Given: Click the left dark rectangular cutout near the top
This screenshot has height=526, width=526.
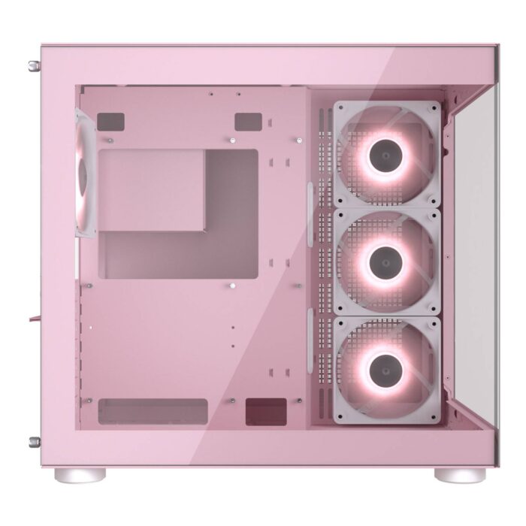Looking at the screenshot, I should coord(110,120).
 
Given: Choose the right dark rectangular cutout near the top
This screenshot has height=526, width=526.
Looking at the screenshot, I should coord(247,121).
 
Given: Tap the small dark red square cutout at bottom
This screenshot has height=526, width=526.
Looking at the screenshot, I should coord(266,411).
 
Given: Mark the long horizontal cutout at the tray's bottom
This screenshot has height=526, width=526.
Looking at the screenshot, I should coord(153,410).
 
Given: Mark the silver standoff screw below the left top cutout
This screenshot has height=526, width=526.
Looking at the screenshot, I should coord(110,141).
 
